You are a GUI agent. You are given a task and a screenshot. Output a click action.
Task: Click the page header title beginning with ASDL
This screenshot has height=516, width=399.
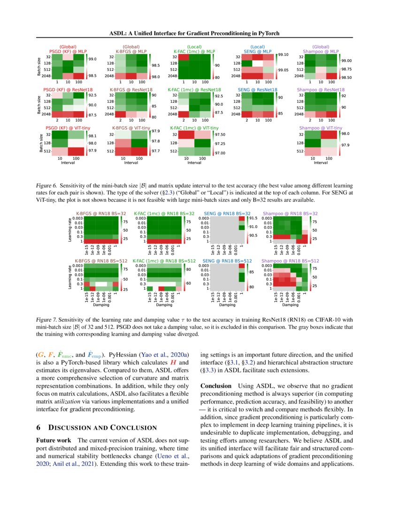[199, 34]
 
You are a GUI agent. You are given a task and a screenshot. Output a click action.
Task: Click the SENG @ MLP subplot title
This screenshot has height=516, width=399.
[257, 51]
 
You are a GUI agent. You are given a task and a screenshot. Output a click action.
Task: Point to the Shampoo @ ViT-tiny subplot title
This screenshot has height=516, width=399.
[321, 128]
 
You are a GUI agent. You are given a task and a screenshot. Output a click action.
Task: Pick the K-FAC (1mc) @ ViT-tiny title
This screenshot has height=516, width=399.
[193, 128]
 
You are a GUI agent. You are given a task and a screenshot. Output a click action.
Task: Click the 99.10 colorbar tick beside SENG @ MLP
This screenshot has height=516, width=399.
[284, 55]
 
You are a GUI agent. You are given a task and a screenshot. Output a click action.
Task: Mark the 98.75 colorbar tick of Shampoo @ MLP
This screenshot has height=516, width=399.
[347, 68]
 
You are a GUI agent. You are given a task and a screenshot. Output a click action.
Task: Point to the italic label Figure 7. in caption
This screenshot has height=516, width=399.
[46, 319]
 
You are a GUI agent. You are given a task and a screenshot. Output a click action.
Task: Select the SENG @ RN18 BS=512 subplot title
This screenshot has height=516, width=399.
[227, 260]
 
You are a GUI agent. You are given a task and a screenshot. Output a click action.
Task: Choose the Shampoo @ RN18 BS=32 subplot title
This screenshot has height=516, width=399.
[290, 213]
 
